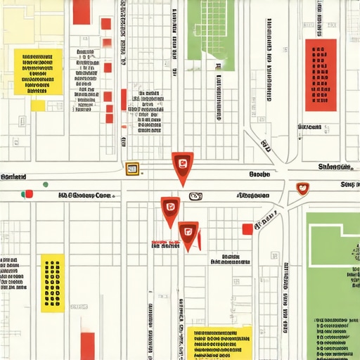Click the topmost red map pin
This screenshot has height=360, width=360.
[x=182, y=165]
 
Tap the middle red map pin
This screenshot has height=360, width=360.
[x=170, y=207]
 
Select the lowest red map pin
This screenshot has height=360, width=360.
[x=188, y=233]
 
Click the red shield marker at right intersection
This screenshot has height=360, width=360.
[x=303, y=188]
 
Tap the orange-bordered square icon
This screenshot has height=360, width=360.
[x=131, y=169]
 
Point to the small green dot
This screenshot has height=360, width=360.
[x=46, y=184]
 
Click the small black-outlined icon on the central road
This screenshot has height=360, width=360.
[x=195, y=196]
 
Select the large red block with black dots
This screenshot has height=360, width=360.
[x=321, y=74]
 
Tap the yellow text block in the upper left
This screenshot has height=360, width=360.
[x=38, y=72]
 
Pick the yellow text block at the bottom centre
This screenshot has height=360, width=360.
[x=219, y=342]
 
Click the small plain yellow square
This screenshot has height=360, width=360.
[x=37, y=105]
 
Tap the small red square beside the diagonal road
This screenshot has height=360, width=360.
[x=247, y=229]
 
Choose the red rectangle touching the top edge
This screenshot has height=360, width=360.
[x=82, y=11]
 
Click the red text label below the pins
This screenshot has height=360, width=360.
[x=166, y=245]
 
